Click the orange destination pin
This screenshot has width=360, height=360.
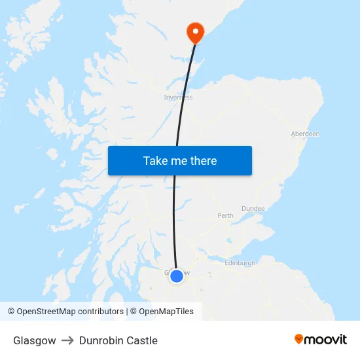click(x=195, y=31)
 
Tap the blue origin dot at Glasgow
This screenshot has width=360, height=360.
click(x=177, y=276)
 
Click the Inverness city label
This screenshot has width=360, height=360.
click(x=178, y=98)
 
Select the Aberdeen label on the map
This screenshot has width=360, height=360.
click(x=305, y=134)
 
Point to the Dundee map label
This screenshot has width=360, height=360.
click(x=253, y=208)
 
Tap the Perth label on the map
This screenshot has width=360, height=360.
click(x=225, y=215)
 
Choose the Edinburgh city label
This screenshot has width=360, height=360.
click(x=240, y=262)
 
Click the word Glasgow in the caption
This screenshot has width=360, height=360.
click(x=34, y=340)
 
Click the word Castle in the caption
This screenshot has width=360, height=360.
click(x=142, y=340)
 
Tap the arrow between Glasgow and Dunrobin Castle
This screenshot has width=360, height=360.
click(x=67, y=340)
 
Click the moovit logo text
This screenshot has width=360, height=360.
click(x=326, y=340)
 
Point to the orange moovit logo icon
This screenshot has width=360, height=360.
click(x=299, y=339)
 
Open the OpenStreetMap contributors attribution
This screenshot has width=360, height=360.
click(x=65, y=312)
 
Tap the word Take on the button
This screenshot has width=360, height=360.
click(x=155, y=161)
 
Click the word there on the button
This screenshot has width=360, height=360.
click(x=203, y=161)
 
